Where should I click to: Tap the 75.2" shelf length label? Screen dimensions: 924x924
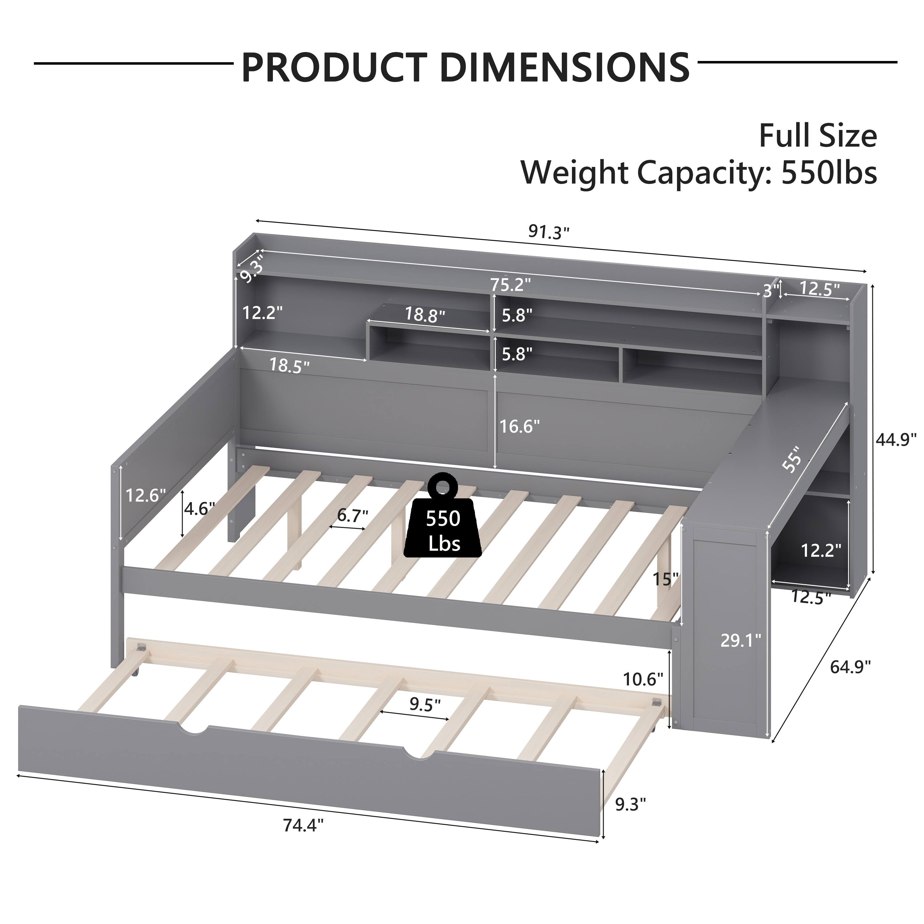tap(510, 285)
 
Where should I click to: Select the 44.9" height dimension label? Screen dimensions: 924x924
tap(896, 439)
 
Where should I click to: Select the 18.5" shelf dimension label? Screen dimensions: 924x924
tap(289, 365)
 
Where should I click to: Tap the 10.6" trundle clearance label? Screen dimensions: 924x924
tap(643, 679)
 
